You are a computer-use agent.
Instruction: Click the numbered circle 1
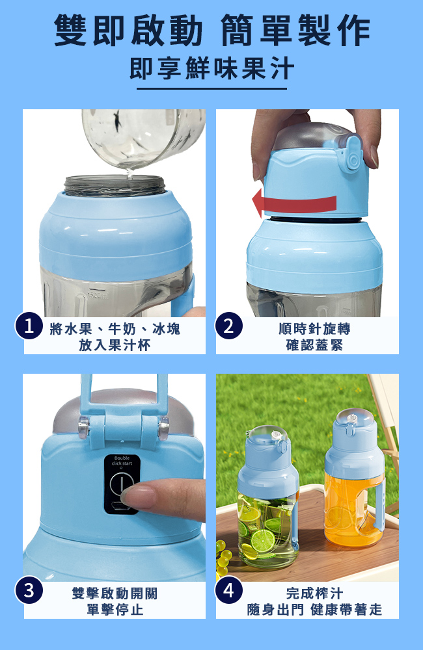29,327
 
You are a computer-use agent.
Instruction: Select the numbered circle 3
29,590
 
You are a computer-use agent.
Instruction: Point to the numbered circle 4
228,590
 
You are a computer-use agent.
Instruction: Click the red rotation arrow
294,203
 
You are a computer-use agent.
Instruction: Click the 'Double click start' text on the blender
122,461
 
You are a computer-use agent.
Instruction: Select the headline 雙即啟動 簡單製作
211,30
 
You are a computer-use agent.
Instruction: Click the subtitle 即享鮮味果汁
211,68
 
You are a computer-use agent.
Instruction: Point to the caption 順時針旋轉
315,329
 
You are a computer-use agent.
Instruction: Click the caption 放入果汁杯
115,345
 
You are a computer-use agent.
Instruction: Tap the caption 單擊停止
115,610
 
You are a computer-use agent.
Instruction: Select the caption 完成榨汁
315,593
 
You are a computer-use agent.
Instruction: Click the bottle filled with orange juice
355,479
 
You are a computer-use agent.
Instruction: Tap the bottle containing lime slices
268,497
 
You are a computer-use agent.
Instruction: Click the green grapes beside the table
224,558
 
